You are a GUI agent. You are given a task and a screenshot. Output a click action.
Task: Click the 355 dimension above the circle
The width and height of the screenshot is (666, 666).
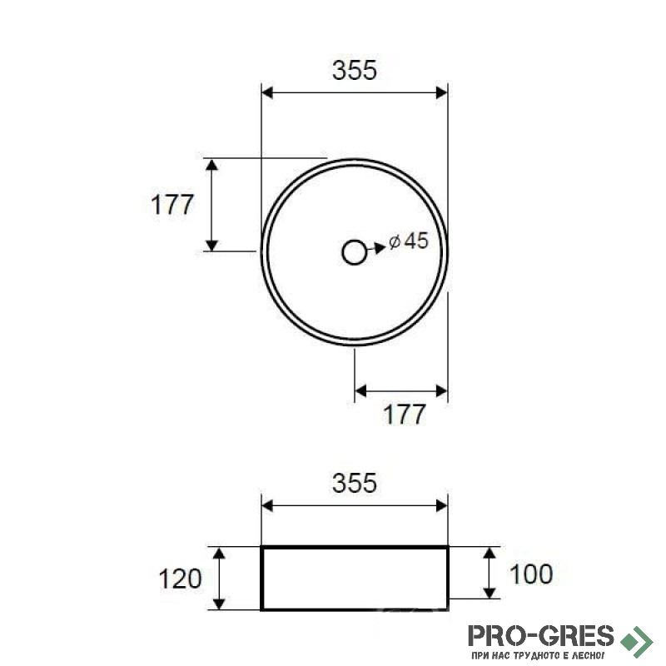click(355, 70)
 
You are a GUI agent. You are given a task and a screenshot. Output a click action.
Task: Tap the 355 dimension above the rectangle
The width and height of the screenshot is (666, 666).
click(355, 483)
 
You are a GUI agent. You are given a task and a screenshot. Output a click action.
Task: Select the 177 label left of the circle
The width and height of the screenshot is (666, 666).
click(172, 204)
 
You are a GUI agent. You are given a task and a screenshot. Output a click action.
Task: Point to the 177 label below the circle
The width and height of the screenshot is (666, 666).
click(404, 414)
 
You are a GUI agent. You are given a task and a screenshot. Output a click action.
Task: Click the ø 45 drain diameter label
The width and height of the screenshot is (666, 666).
click(409, 241)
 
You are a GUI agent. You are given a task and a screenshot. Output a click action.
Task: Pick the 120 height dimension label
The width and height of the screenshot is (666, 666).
click(180, 579)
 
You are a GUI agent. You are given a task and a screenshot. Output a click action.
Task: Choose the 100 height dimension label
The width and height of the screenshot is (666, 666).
click(531, 574)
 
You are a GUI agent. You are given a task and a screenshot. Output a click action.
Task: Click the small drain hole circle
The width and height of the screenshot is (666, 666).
click(354, 252)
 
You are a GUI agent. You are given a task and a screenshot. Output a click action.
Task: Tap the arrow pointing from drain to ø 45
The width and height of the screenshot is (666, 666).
click(376, 248)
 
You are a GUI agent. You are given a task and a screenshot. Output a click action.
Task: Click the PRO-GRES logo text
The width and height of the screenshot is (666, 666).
click(541, 636)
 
